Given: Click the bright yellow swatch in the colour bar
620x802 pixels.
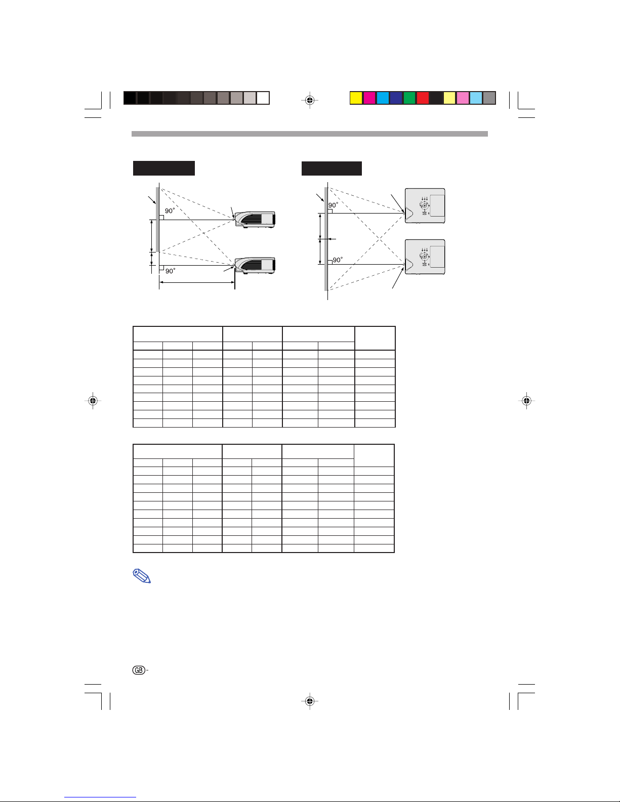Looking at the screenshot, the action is [x=356, y=98].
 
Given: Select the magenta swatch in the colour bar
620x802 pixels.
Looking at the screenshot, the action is [x=369, y=98].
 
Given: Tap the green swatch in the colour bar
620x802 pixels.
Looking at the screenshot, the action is [x=409, y=98].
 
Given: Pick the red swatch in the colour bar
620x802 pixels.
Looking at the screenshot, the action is [x=423, y=98].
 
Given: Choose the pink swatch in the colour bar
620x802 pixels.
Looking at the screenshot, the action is [x=463, y=98].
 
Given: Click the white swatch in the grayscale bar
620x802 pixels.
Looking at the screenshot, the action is [x=263, y=98].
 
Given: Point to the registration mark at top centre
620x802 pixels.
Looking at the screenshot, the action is [x=310, y=100].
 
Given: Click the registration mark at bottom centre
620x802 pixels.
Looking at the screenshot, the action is [x=310, y=700].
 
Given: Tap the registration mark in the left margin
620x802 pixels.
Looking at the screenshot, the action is [x=93, y=400].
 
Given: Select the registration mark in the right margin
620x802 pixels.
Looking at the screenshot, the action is [x=527, y=400].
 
